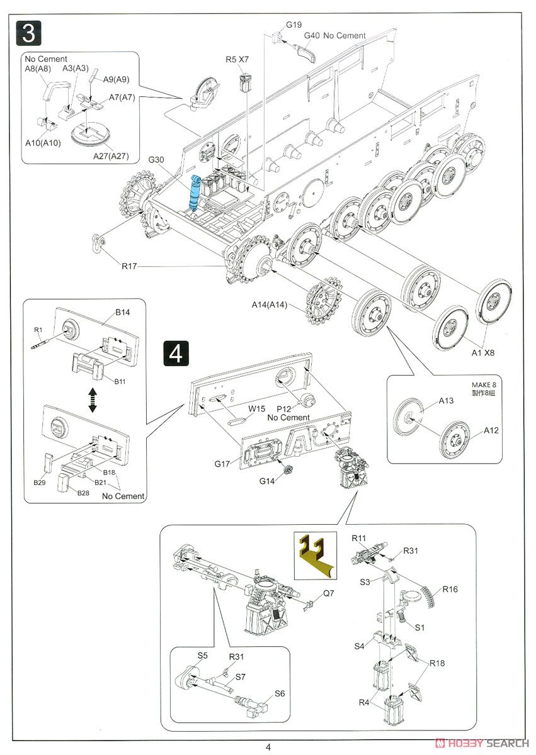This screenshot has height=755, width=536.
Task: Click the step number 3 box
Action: pos(28,33)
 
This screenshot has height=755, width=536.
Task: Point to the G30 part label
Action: pos(156,160)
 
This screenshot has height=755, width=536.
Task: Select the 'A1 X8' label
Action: pos(483,352)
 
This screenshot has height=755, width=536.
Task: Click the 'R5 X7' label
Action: pos(237,59)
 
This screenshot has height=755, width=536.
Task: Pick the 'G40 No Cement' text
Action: pos(334,36)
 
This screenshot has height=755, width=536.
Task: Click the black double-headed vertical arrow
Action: pos(93,400)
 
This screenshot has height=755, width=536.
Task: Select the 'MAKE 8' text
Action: pos(484,385)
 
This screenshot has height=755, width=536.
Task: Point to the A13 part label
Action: pos(446,400)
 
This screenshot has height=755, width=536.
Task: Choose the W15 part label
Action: pos(256,408)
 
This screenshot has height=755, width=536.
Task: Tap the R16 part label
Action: pos(450,590)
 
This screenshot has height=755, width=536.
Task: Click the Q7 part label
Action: pos(329,593)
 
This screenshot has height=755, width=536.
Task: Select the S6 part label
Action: pos(280,694)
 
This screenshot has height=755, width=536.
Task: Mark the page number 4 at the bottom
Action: pos(268,747)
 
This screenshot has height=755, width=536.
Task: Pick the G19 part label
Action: pos(294,25)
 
